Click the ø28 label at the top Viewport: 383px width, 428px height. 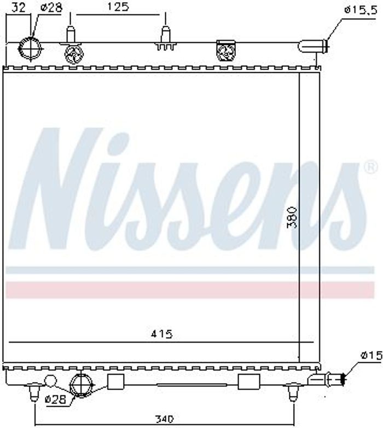51,7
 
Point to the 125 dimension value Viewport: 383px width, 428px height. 117,7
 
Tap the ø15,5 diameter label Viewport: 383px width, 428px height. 361,10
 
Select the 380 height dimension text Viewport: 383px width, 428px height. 292,217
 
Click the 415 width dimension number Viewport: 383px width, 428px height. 162,334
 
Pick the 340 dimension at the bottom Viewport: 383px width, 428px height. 164,419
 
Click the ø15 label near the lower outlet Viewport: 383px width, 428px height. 371,355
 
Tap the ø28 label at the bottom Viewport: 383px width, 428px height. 55,400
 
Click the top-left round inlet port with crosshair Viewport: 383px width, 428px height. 30,48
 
